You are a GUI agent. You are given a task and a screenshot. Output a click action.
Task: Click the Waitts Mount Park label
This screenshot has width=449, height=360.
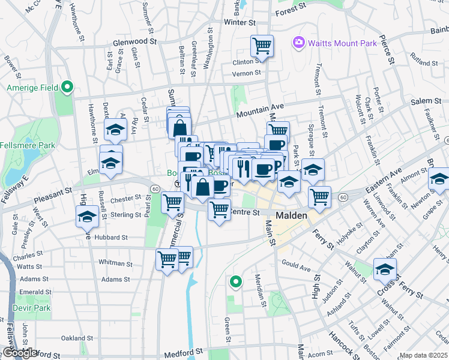click(x=342, y=43)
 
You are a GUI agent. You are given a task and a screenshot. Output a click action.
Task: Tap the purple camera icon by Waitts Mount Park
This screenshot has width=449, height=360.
click(x=298, y=43)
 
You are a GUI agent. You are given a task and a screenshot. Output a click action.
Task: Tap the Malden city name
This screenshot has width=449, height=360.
click(x=291, y=215)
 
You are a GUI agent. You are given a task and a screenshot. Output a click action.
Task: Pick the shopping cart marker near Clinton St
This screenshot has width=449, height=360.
click(x=262, y=46)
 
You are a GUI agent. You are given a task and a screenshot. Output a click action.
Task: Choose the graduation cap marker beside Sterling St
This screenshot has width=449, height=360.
click(x=88, y=217)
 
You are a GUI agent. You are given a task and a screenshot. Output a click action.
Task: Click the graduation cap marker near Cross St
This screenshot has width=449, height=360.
click(x=385, y=269)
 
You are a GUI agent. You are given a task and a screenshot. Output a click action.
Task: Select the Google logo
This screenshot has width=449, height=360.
click(x=20, y=353)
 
